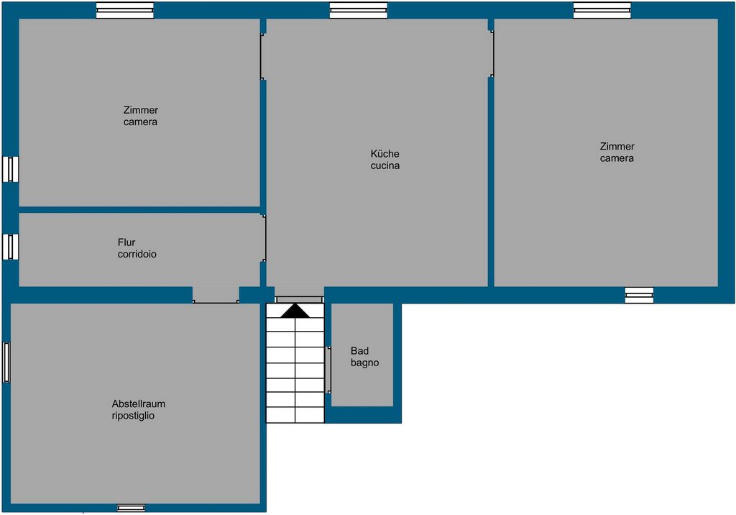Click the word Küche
point(385,154)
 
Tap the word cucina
point(385,165)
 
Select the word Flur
point(126,242)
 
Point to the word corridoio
point(137,254)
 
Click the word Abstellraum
point(139,404)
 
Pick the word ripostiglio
point(133,416)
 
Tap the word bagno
point(364,363)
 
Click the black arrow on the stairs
point(295,311)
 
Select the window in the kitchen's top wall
point(359,10)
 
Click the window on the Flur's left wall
point(10,247)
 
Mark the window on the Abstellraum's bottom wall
point(131,508)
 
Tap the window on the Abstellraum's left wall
point(6,363)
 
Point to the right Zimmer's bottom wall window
point(639,295)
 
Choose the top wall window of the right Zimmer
point(602,10)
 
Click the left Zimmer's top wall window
point(125,10)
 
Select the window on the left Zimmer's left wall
point(10,169)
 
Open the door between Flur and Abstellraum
point(216,295)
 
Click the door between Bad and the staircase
point(328,370)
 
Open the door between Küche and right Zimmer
point(491,53)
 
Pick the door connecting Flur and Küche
point(263,238)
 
